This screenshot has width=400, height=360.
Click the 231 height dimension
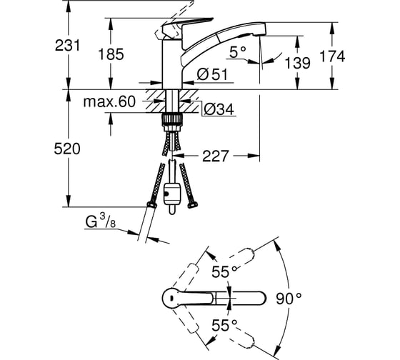click(67, 46)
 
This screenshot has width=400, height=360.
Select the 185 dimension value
click(111, 54)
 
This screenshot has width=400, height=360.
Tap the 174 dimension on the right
click(332, 56)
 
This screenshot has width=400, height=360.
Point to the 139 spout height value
click(297, 63)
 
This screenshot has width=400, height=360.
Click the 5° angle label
click(237, 52)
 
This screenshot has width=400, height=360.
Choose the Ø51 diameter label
click(212, 75)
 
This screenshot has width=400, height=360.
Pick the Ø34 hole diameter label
click(219, 110)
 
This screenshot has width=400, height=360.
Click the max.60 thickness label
click(109, 102)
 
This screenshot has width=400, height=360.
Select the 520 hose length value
click(67, 149)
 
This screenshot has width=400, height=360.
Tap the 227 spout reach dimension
click(215, 156)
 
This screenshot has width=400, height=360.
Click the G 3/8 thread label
click(101, 221)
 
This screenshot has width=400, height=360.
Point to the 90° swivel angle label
click(289, 299)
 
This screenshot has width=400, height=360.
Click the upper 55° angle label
click(225, 271)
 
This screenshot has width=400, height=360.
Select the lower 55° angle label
click(225, 325)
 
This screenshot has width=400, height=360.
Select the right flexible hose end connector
click(193, 204)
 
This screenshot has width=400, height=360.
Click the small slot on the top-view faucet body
click(171, 299)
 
